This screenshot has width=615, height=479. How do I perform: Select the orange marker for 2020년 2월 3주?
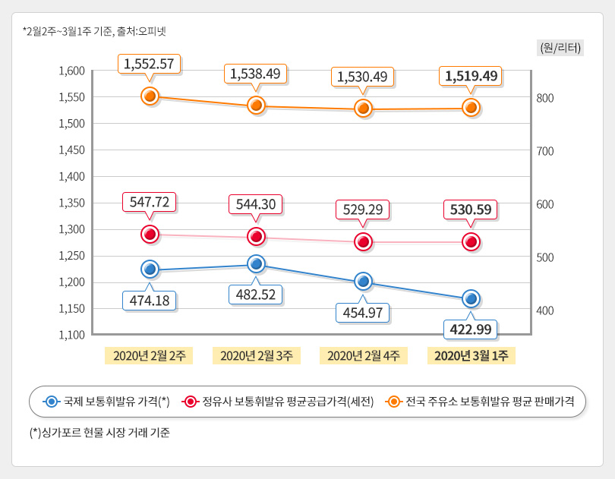coord(257,105)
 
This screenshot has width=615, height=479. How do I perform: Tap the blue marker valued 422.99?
coord(471,298)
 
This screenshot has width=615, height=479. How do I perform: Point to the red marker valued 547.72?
coord(150,234)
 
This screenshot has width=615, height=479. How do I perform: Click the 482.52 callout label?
coord(256,294)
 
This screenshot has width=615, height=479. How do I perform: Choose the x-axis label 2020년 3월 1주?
coord(471,355)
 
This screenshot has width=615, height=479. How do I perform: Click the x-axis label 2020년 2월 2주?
coord(150,355)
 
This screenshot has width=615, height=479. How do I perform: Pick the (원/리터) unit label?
coord(560,47)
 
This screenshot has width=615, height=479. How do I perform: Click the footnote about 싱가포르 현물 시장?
coord(99,433)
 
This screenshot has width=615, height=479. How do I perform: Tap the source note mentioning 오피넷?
coord(95,31)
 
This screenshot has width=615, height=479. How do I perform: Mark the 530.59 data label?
coord(471,209)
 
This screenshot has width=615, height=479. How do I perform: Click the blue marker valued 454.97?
coord(364,281)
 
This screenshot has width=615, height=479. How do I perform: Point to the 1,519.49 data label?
coord(471,76)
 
